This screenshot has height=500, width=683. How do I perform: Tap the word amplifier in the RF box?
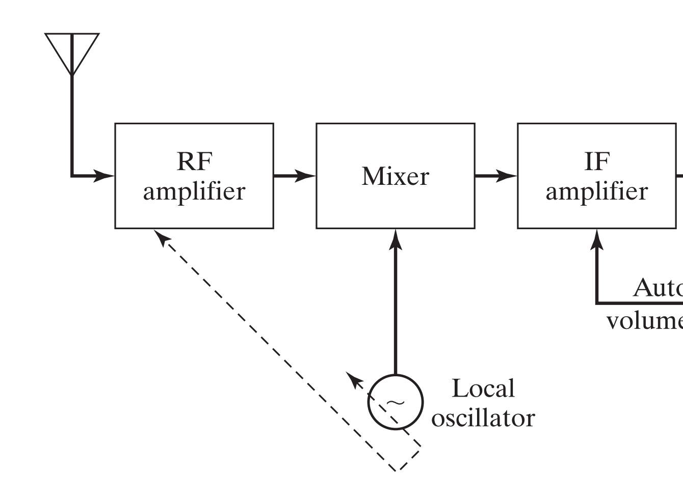tap(194, 191)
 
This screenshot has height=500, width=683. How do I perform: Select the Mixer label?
tap(395, 176)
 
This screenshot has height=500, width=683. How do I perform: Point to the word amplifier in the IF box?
tap(596, 191)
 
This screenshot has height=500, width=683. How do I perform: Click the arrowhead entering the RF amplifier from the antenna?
tap(105, 176)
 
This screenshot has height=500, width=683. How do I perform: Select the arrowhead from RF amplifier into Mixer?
tap(306, 176)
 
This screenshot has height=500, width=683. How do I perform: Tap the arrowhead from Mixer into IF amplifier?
tap(507, 176)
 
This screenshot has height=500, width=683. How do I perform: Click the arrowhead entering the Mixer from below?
tap(396, 239)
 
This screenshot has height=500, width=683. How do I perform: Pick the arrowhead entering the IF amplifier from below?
tap(597, 239)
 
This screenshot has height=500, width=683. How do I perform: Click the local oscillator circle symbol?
tap(396, 402)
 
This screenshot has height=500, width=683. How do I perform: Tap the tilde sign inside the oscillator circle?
tap(395, 403)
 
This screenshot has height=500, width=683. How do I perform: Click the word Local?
tap(483, 388)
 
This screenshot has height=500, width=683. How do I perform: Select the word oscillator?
tap(483, 418)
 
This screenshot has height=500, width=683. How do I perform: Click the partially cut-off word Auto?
tap(658, 288)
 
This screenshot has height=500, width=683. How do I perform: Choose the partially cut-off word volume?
tap(645, 321)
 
